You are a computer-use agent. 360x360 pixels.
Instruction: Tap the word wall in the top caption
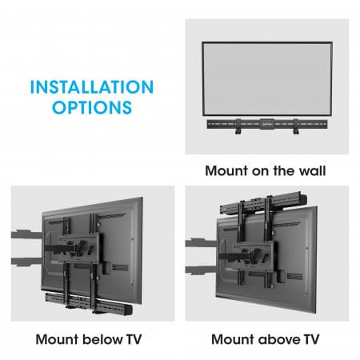point(310,170)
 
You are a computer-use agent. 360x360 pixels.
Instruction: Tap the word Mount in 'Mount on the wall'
point(226,170)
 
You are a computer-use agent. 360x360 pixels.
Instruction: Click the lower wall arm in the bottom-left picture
point(26,261)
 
